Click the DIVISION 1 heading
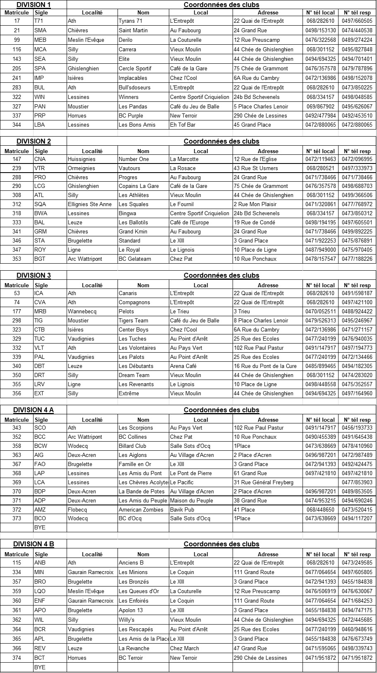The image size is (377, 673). point(34,5)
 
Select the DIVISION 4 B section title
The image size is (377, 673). point(34,544)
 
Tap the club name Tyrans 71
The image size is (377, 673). point(131,21)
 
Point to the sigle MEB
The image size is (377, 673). point(40,40)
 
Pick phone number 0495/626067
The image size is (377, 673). point(357,107)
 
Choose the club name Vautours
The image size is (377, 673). point(130,168)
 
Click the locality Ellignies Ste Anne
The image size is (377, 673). point(90,204)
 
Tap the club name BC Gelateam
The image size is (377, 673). point(135,259)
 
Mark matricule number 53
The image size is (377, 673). point(17,293)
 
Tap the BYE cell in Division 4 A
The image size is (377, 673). point(40,528)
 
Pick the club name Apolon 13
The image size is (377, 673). point(131,611)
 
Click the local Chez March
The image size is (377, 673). point(185,649)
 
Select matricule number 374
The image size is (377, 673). point(17,658)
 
